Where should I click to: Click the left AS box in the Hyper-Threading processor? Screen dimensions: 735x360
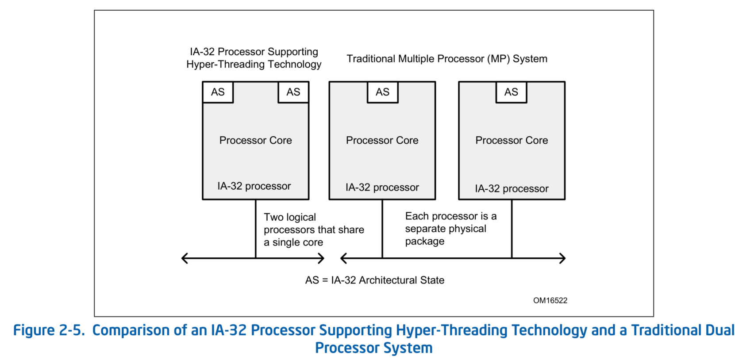click(218, 92)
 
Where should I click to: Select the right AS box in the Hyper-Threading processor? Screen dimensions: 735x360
click(293, 92)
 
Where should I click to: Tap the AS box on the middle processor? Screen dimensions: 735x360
click(383, 92)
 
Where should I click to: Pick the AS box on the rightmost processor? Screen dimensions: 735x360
click(511, 92)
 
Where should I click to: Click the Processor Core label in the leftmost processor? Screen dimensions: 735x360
click(256, 140)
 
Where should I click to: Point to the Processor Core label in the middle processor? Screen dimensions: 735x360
click(382, 140)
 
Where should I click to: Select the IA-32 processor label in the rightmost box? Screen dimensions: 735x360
click(512, 188)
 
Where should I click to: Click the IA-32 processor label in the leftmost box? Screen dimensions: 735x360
click(254, 186)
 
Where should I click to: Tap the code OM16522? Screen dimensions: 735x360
click(550, 300)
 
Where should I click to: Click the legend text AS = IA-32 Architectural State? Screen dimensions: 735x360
click(375, 280)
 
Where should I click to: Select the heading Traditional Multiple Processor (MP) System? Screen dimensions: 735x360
click(447, 59)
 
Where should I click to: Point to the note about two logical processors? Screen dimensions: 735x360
click(314, 230)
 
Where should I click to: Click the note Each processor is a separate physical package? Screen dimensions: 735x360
click(451, 229)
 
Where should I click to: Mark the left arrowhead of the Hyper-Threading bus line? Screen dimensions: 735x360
click(185, 258)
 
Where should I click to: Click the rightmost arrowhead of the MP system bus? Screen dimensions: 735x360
click(562, 258)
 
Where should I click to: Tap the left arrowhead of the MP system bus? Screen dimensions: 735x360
click(343, 258)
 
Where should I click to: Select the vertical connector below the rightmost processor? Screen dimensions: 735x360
click(512, 229)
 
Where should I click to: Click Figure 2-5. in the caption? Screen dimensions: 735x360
click(49, 330)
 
